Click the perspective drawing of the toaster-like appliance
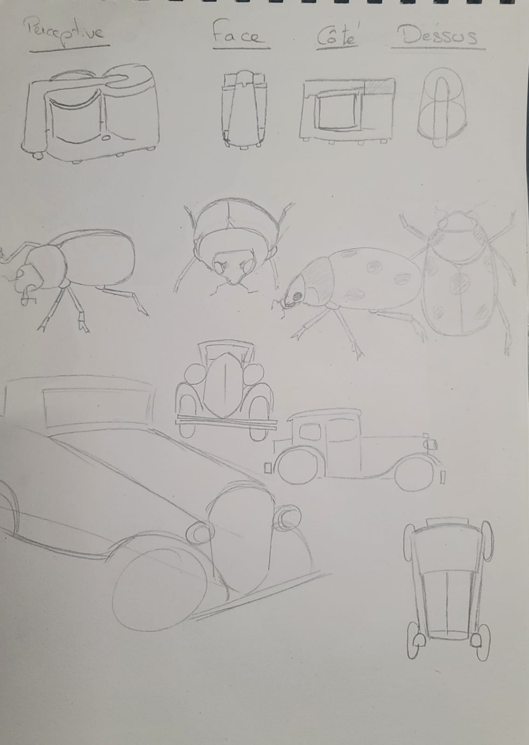pyautogui.click(x=90, y=113)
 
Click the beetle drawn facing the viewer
pyautogui.click(x=233, y=248)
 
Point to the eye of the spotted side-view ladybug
pyautogui.click(x=297, y=295)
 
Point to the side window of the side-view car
pyautogui.click(x=310, y=431)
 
